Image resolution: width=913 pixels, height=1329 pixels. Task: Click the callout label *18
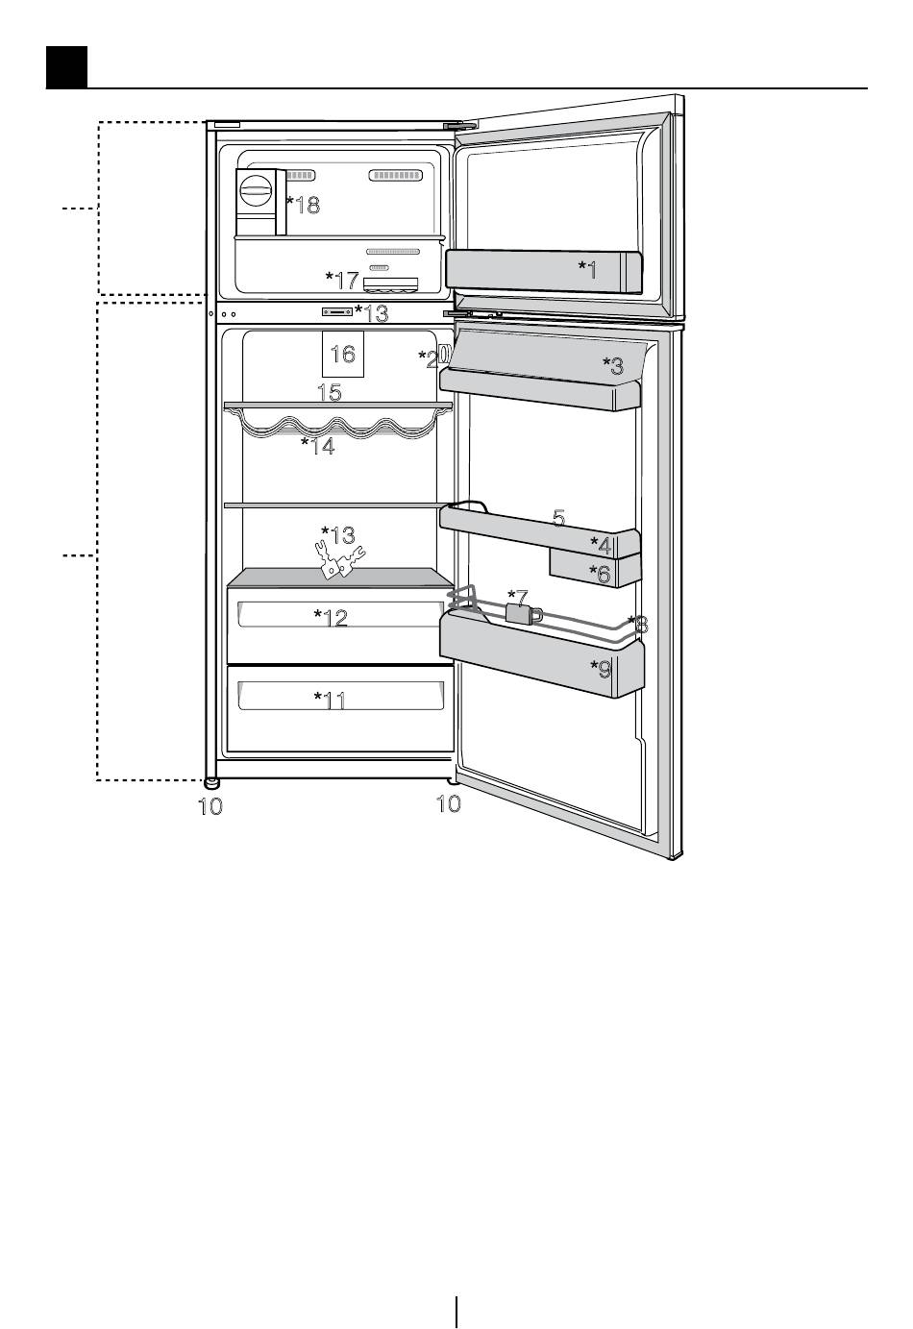pos(303,205)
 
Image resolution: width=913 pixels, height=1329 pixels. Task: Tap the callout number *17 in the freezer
pos(342,280)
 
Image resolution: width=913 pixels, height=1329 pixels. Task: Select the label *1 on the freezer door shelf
pos(588,269)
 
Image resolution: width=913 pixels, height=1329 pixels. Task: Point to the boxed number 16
pos(343,355)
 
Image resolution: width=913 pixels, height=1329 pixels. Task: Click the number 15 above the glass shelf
pos(330,392)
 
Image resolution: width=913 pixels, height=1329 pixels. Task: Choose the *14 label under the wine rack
pos(317,446)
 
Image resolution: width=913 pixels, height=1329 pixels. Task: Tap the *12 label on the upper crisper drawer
pos(331,618)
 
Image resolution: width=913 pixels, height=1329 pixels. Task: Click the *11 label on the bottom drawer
pos(330,701)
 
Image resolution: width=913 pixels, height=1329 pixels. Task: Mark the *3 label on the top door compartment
pos(613,365)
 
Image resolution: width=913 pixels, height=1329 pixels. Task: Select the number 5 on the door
pos(558,518)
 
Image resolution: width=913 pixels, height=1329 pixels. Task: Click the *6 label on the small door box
pos(600,574)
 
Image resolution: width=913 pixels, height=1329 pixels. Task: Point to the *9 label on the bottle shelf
pos(601,669)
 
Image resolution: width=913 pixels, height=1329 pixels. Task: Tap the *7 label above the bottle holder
pos(518,598)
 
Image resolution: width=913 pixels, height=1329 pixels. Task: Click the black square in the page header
pos(66,67)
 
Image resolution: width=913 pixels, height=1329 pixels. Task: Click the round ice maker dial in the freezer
pos(256,190)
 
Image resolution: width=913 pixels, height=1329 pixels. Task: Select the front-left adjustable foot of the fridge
pos(210,783)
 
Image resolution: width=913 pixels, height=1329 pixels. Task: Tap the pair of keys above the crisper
pos(339,560)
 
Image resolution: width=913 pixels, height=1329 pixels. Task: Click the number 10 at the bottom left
pos(210,805)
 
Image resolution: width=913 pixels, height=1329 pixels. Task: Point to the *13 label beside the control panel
pos(371,312)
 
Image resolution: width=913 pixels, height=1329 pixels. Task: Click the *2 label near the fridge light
pos(428,359)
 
